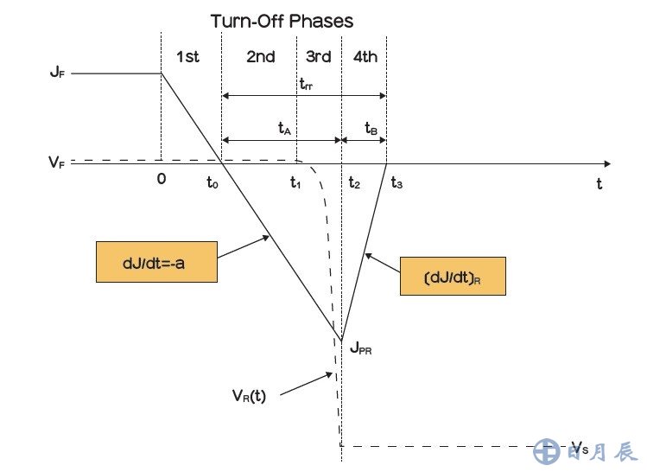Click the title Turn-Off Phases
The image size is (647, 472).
click(x=282, y=20)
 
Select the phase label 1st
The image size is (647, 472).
click(x=187, y=57)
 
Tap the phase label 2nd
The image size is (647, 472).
click(x=261, y=57)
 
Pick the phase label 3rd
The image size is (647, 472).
click(x=318, y=57)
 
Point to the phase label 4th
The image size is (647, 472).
click(x=365, y=57)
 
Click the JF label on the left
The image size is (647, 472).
click(x=56, y=73)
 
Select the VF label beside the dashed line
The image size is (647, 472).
click(x=56, y=161)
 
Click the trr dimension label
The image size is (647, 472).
click(x=306, y=85)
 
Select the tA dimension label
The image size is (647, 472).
click(x=284, y=128)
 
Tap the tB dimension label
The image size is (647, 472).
click(x=371, y=128)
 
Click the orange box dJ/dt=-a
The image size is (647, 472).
click(x=155, y=263)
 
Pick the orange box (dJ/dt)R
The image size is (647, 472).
click(x=452, y=277)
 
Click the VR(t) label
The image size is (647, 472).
click(x=249, y=397)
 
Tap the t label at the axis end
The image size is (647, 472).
click(x=598, y=183)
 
